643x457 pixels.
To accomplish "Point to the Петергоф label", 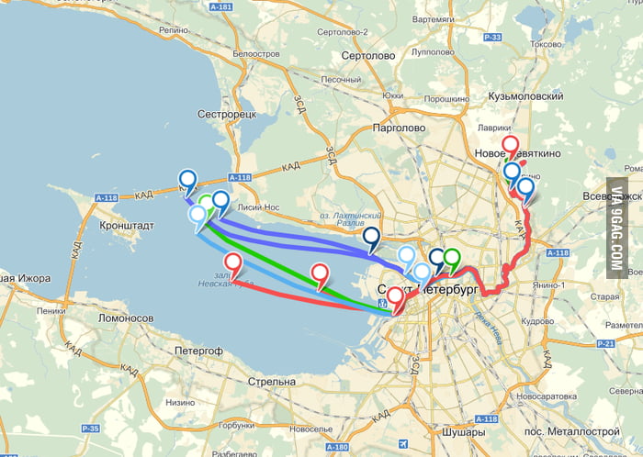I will click(197, 351).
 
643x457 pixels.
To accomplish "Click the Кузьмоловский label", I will click(527, 95).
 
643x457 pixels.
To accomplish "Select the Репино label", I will click(174, 29).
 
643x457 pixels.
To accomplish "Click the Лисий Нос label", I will click(258, 208).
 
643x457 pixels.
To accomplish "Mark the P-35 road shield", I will click(89, 429).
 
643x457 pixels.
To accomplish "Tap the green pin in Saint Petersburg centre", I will click(451, 259).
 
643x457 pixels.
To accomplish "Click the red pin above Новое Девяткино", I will click(510, 145).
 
